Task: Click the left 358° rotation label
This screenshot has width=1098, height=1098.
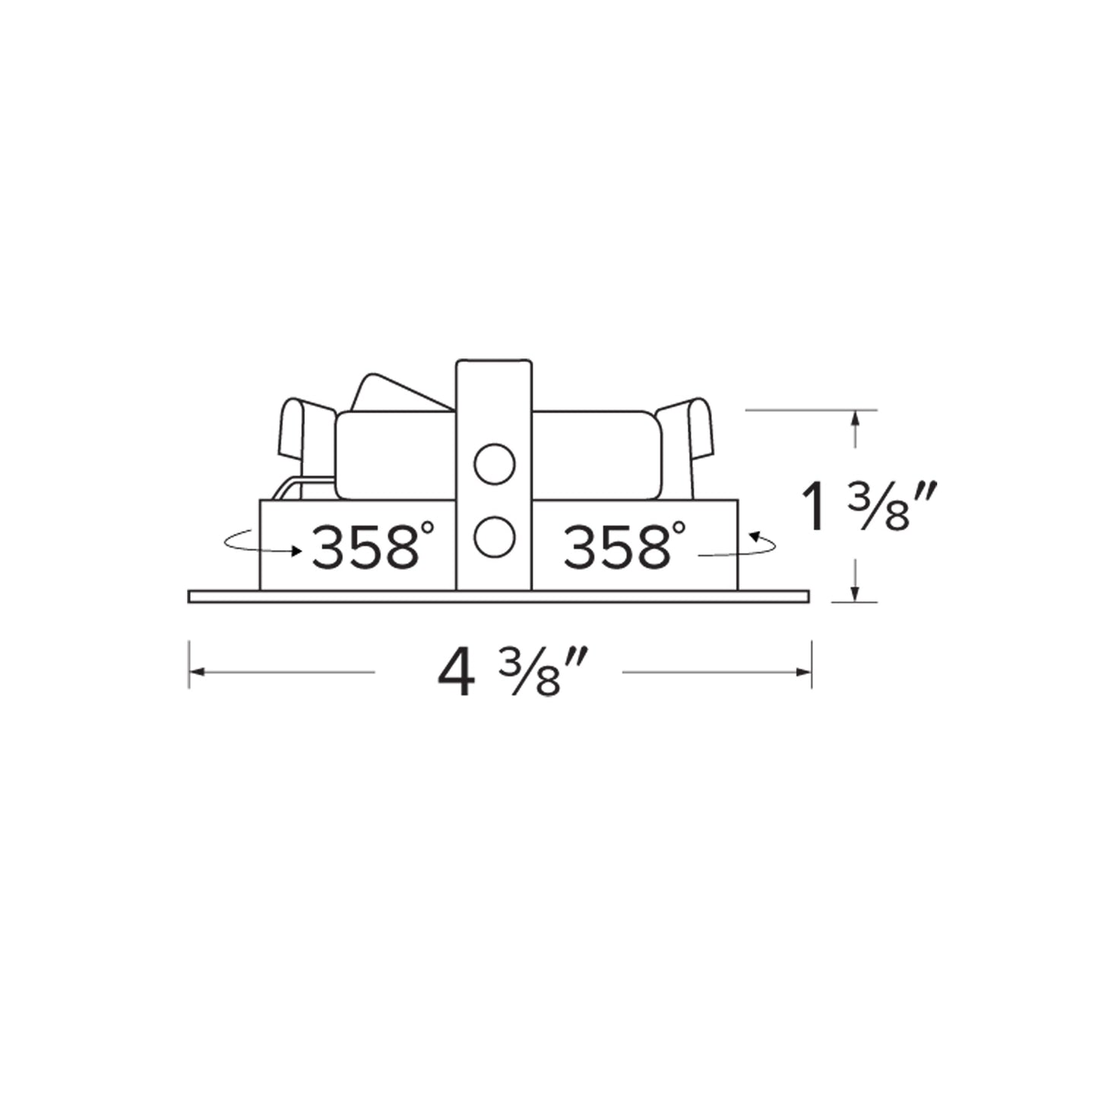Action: [372, 546]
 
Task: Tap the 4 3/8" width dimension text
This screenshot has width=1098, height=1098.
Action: [512, 673]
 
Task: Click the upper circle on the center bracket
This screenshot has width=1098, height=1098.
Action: [494, 464]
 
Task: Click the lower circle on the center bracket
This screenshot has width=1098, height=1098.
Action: [494, 536]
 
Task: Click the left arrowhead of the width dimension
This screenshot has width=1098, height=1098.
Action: [197, 672]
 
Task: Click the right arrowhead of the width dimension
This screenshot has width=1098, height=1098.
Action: [803, 672]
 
